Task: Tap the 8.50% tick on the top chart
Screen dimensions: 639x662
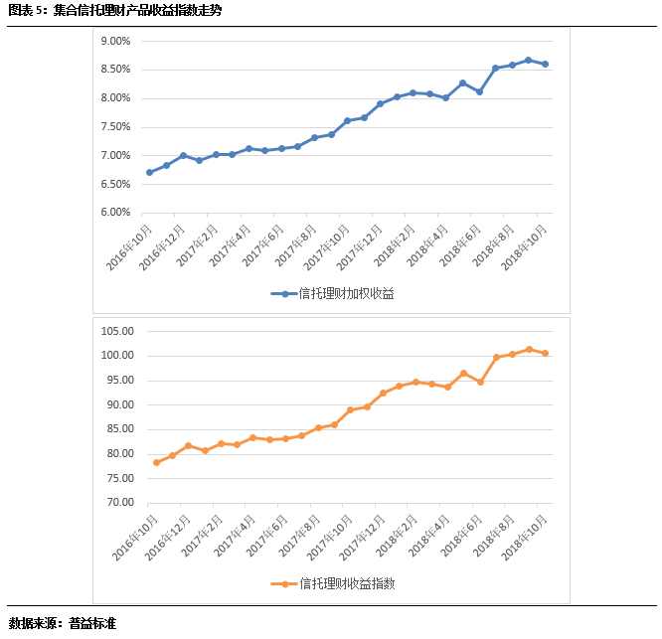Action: pos(116,70)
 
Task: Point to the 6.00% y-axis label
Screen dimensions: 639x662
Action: pos(116,213)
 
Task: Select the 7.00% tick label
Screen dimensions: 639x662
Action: pos(116,156)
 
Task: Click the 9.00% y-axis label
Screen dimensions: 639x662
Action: pos(116,41)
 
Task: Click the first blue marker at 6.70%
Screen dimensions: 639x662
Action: pos(150,172)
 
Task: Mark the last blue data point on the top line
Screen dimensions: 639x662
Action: pos(546,65)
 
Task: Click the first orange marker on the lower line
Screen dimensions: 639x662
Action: pos(156,462)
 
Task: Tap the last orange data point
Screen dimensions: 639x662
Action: pos(545,353)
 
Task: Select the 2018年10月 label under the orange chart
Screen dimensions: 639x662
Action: pos(525,536)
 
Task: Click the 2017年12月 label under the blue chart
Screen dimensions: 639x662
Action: pos(360,244)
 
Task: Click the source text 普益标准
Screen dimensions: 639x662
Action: pos(93,624)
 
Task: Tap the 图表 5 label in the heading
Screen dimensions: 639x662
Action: pos(25,11)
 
